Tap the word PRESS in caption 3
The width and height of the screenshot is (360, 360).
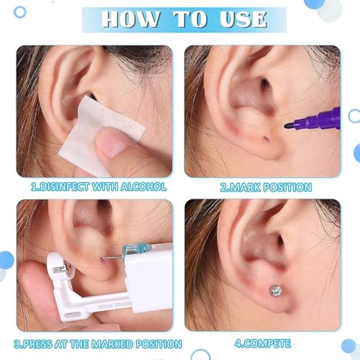click(42, 343)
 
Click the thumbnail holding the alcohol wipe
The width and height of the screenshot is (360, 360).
click(105, 147)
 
